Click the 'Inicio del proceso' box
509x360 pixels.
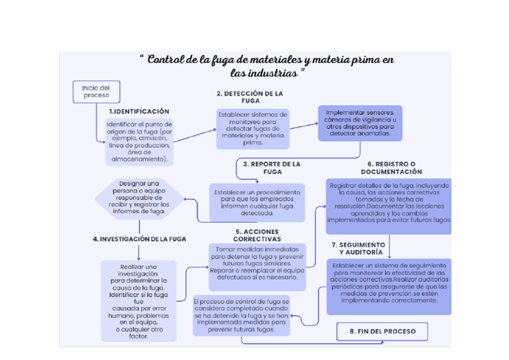pyautogui.click(x=91, y=91)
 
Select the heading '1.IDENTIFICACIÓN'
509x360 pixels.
pyautogui.click(x=139, y=111)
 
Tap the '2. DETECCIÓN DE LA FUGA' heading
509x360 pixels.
pyautogui.click(x=250, y=97)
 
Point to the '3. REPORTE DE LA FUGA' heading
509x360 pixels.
pyautogui.click(x=272, y=167)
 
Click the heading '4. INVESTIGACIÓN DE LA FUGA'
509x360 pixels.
pyautogui.click(x=139, y=239)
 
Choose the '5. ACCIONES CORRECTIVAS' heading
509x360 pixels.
pyautogui.click(x=256, y=235)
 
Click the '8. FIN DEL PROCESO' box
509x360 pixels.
pyautogui.click(x=382, y=331)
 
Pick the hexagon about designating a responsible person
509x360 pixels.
pyautogui.click(x=139, y=198)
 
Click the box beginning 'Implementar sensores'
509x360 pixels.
pyautogui.click(x=359, y=123)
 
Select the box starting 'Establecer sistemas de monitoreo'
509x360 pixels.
pyautogui.click(x=253, y=129)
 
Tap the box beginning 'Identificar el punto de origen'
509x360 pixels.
pyautogui.click(x=139, y=142)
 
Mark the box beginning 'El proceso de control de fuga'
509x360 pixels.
pyautogui.click(x=241, y=315)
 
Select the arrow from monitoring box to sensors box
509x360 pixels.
pyautogui.click(x=304, y=125)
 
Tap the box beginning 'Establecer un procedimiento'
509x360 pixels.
pyautogui.click(x=256, y=203)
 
